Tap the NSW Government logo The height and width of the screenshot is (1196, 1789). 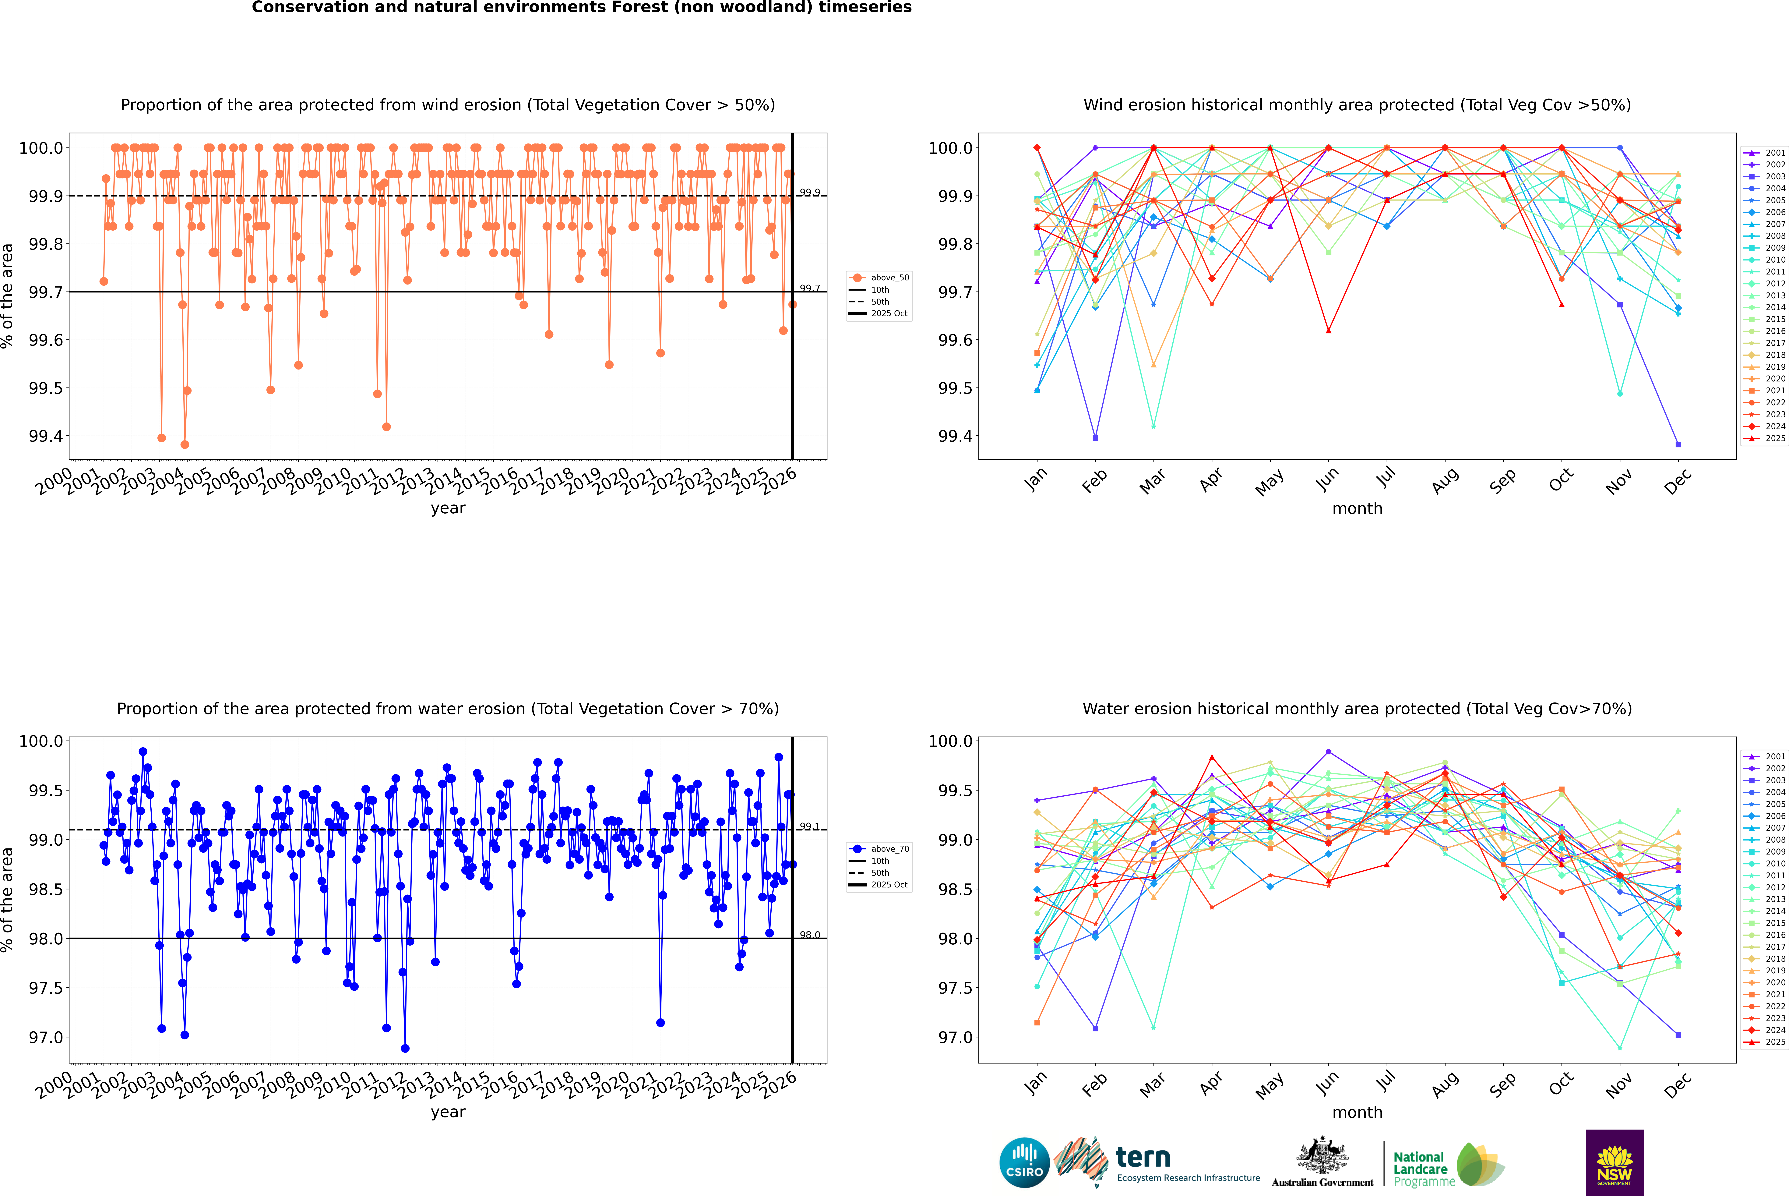pyautogui.click(x=1614, y=1162)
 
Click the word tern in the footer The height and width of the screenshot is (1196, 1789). pyautogui.click(x=1142, y=1157)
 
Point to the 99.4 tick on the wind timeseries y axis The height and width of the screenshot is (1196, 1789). pyautogui.click(x=46, y=436)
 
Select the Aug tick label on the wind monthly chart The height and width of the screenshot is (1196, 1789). pyautogui.click(x=1445, y=480)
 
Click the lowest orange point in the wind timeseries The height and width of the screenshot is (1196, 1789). pyautogui.click(x=185, y=445)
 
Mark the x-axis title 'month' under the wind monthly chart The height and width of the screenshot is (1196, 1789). pyautogui.click(x=1357, y=509)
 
